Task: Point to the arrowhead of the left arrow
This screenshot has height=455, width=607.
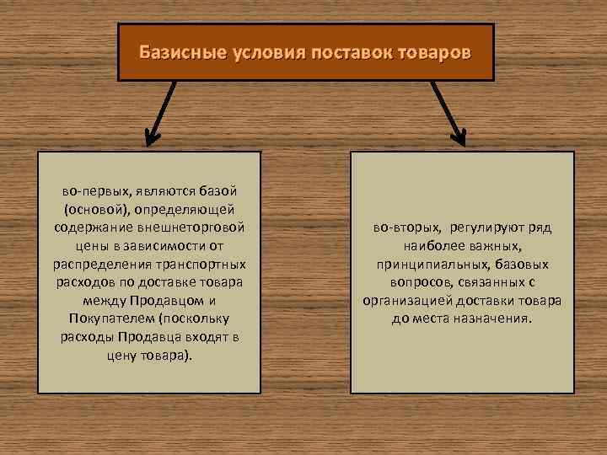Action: pos(153,136)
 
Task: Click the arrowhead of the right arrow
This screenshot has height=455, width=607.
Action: pos(458,136)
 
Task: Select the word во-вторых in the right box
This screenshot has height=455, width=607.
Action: pos(407,227)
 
